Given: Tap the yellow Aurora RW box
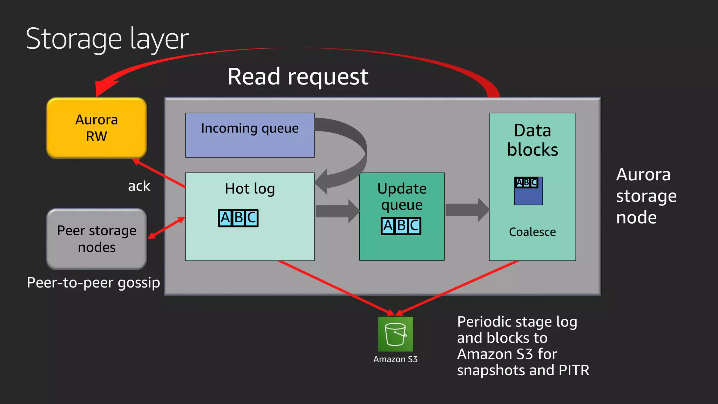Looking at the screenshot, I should pos(96,128).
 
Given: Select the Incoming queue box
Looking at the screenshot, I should pos(250,135).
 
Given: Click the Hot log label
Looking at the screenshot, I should pos(250,189).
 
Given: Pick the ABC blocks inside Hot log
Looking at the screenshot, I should pos(238,218).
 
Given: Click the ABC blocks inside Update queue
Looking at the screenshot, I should pos(401,226).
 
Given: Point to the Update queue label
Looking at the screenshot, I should pos(402,196).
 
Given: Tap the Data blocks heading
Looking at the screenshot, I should pos(532,140).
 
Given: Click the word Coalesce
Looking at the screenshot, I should pos(532,232).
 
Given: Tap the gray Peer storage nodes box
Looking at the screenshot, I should pos(96,239).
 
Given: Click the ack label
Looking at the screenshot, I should pos(139,186).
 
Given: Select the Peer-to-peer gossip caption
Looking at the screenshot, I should pos(93,283).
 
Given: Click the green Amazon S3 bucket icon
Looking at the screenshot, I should pos(395,334).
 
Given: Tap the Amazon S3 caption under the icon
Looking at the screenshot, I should pos(395,359).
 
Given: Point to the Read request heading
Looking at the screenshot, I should pos(298,76).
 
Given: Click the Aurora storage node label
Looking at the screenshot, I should pos(646,196).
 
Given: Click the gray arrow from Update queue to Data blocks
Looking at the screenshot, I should pos(467,210).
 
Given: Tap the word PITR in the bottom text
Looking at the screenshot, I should pos(574,370).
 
